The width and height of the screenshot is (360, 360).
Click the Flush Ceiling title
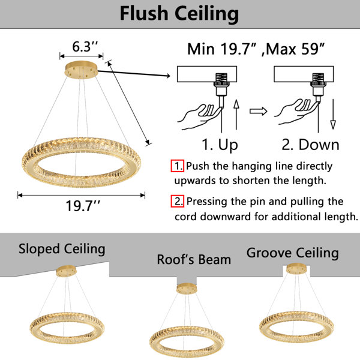pyautogui.click(x=179, y=14)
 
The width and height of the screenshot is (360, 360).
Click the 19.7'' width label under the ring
pyautogui.click(x=83, y=206)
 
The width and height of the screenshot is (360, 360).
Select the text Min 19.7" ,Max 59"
pyautogui.click(x=256, y=49)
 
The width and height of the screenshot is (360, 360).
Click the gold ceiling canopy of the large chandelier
pyautogui.click(x=81, y=70)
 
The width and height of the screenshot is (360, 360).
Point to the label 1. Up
pyautogui.click(x=220, y=145)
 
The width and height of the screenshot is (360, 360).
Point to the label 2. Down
pyautogui.click(x=310, y=145)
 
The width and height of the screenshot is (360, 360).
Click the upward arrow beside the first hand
pyautogui.click(x=236, y=115)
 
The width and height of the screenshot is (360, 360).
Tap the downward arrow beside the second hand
pyautogui.click(x=333, y=114)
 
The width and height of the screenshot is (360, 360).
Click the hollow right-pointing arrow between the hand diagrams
pyautogui.click(x=258, y=111)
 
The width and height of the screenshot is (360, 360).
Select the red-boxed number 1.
pyautogui.click(x=177, y=166)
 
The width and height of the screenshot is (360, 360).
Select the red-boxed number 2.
pyautogui.click(x=177, y=201)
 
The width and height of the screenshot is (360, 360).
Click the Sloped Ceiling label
pyautogui.click(x=62, y=250)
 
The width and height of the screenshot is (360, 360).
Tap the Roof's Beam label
pyautogui.click(x=194, y=260)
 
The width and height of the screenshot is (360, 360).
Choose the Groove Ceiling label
pyautogui.click(x=293, y=253)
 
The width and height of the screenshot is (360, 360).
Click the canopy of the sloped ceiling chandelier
pyautogui.click(x=67, y=271)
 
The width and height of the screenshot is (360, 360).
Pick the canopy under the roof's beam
pyautogui.click(x=187, y=289)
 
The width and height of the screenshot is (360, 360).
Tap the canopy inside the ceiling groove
pyautogui.click(x=296, y=269)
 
